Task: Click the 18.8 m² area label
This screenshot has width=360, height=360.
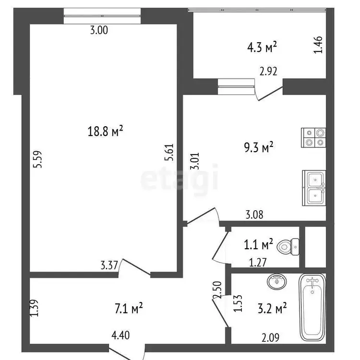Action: tap(106, 132)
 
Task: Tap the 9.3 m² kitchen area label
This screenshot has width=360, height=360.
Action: tap(259, 147)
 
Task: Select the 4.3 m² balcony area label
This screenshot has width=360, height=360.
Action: tap(262, 47)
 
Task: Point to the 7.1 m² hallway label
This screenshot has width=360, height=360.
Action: tap(129, 308)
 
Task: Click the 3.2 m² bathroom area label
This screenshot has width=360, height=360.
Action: tap(272, 308)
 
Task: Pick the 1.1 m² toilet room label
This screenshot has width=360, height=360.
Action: tap(258, 244)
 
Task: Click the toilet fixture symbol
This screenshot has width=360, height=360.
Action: tap(288, 247)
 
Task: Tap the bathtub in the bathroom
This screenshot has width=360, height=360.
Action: tap(312, 308)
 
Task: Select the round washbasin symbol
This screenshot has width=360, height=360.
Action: tap(277, 281)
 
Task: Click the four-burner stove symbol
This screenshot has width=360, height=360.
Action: tap(313, 138)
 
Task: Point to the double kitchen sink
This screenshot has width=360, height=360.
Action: tap(314, 188)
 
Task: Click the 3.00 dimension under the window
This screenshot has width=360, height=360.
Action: tap(99, 30)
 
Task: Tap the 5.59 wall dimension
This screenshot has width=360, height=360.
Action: tap(37, 159)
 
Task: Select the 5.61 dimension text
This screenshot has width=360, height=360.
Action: tap(169, 153)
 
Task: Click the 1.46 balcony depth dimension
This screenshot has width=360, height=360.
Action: tap(318, 45)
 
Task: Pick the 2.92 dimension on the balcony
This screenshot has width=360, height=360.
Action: tap(268, 71)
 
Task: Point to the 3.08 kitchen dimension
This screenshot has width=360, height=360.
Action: tap(254, 215)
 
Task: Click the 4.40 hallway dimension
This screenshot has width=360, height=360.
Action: tap(120, 335)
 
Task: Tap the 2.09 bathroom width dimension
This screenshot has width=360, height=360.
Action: tap(270, 337)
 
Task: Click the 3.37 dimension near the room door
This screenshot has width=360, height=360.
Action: tap(109, 265)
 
